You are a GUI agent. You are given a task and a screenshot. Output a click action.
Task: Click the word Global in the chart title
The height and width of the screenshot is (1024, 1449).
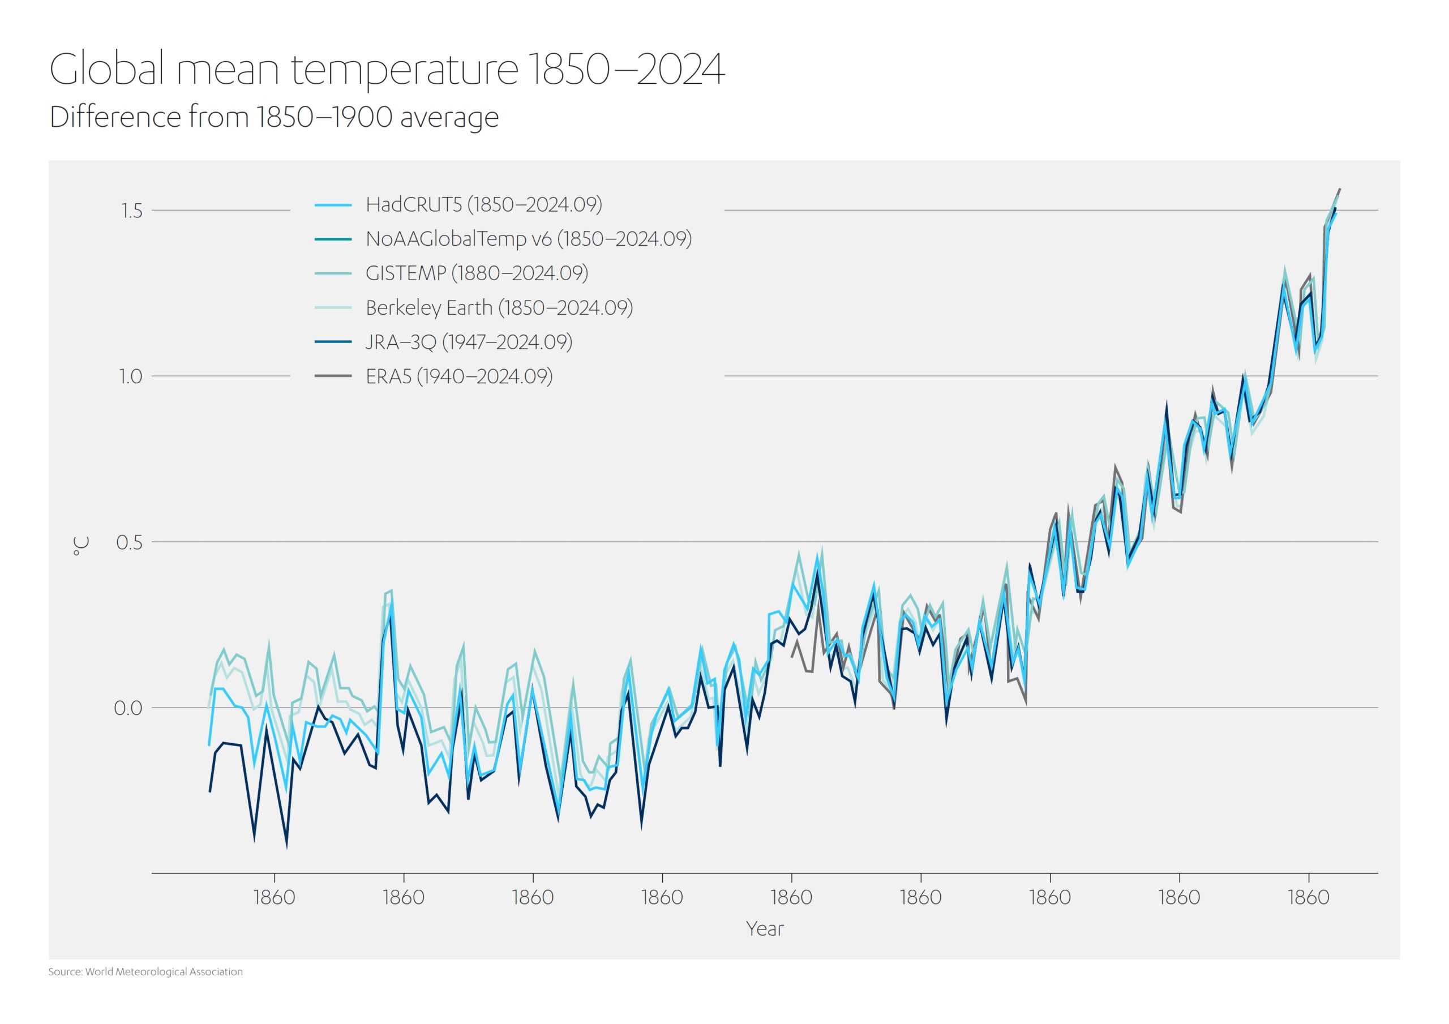pyautogui.click(x=108, y=69)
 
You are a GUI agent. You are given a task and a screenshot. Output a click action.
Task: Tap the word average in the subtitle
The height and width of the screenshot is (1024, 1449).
pyautogui.click(x=449, y=117)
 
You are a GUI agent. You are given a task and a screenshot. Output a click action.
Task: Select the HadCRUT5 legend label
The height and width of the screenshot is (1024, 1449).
pyautogui.click(x=483, y=204)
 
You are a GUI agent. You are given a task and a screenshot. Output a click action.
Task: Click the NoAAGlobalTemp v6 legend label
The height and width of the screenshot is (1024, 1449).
pyautogui.click(x=528, y=239)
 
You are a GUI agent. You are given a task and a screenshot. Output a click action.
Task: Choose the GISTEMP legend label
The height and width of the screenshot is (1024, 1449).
pyautogui.click(x=477, y=273)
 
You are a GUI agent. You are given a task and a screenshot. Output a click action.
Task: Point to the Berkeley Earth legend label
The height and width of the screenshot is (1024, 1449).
pyautogui.click(x=499, y=307)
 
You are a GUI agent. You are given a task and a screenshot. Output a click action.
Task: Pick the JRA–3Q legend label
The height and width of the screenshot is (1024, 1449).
pyautogui.click(x=468, y=342)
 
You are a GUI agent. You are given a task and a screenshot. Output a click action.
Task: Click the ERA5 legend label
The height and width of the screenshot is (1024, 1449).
pyautogui.click(x=459, y=376)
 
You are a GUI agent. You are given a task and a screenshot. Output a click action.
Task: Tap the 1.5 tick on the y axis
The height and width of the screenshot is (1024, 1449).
pyautogui.click(x=132, y=211)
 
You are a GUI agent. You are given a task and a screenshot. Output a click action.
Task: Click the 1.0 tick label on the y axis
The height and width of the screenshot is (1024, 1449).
pyautogui.click(x=131, y=377)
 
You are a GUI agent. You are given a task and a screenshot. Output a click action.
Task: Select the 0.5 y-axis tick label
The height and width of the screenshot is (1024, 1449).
pyautogui.click(x=130, y=542)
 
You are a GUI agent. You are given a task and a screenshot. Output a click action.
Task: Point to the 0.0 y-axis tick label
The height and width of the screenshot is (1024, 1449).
pyautogui.click(x=128, y=708)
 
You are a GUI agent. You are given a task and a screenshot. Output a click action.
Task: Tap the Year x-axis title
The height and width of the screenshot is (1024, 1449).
pyautogui.click(x=764, y=929)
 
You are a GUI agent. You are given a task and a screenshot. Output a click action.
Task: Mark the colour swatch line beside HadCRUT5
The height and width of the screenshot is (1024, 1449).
pyautogui.click(x=333, y=205)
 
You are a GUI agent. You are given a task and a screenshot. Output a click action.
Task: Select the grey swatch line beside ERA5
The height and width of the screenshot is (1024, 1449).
pyautogui.click(x=333, y=376)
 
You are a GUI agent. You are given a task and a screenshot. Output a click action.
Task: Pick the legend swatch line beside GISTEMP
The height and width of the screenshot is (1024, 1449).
pyautogui.click(x=333, y=273)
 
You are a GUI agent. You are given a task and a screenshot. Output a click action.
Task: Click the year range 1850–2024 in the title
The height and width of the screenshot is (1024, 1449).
pyautogui.click(x=625, y=69)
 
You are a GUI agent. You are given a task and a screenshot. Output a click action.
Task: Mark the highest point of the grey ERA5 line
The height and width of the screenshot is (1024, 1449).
pyautogui.click(x=1340, y=188)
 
